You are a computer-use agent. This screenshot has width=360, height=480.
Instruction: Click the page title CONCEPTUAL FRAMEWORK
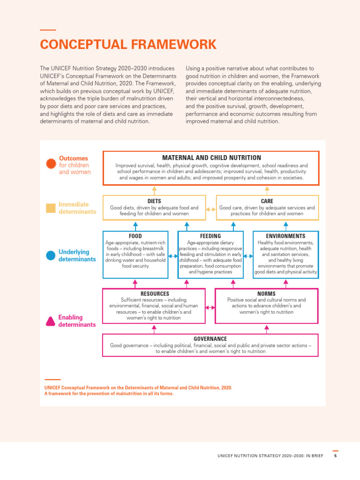pyautogui.click(x=128, y=45)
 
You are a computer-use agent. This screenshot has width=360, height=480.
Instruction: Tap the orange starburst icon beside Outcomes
pyautogui.click(x=51, y=165)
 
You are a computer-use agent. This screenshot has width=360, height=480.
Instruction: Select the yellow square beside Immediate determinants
pyautogui.click(x=51, y=208)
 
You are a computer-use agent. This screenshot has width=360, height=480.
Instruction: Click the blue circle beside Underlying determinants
pyautogui.click(x=51, y=255)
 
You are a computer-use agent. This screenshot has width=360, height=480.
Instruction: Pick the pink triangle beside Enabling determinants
pyautogui.click(x=51, y=321)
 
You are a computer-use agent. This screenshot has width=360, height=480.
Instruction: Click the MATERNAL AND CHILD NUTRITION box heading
pyautogui.click(x=211, y=158)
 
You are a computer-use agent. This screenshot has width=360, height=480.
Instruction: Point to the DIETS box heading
pyautogui.click(x=154, y=201)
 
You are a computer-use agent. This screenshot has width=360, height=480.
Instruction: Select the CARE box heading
pyautogui.click(x=267, y=201)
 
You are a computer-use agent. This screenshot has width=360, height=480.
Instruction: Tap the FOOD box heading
pyautogui.click(x=135, y=236)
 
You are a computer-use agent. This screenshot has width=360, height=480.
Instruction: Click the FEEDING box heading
pyautogui.click(x=210, y=236)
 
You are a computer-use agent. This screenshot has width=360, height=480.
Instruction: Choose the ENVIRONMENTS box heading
pyautogui.click(x=285, y=236)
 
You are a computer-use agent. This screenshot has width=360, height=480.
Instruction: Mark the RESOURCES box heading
pyautogui.click(x=154, y=293)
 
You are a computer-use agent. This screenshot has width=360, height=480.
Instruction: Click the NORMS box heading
pyautogui.click(x=267, y=293)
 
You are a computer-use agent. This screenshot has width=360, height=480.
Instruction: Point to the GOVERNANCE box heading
pyautogui.click(x=210, y=338)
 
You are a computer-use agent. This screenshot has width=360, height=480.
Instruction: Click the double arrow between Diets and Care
pyautogui.click(x=211, y=210)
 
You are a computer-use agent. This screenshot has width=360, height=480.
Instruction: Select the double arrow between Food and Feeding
pyautogui.click(x=173, y=256)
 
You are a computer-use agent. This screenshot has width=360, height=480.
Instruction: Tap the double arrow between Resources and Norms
pyautogui.click(x=210, y=307)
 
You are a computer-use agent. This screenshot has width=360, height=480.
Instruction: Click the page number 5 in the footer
pyautogui.click(x=336, y=456)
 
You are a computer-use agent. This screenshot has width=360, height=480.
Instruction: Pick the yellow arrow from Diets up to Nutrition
pyautogui.click(x=154, y=190)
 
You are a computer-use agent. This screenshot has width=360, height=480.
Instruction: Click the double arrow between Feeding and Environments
pyautogui.click(x=248, y=256)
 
